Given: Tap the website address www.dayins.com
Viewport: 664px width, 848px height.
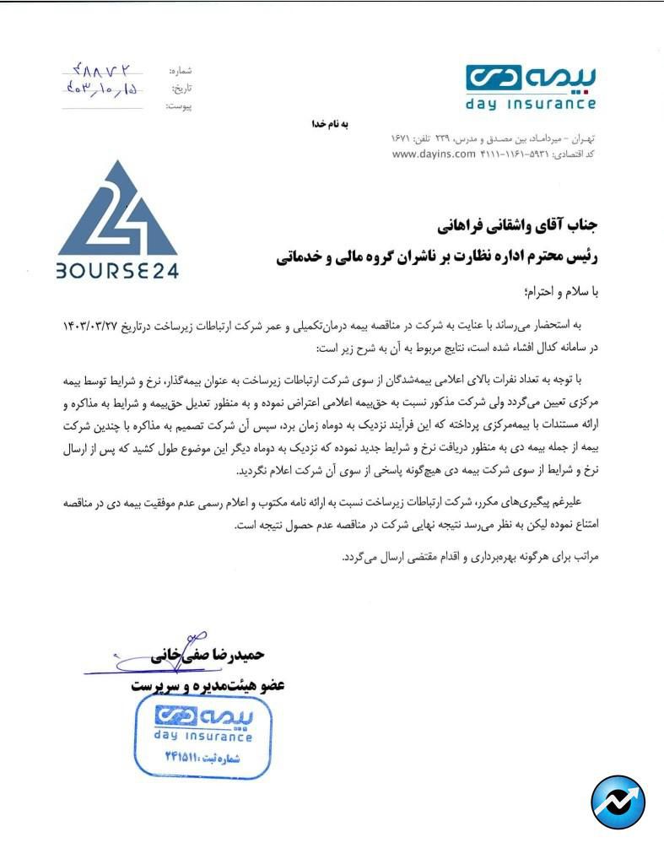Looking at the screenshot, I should coord(429,154).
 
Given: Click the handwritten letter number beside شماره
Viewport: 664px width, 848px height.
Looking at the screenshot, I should coord(102,70).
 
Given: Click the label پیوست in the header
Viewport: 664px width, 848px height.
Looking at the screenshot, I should coord(179,106).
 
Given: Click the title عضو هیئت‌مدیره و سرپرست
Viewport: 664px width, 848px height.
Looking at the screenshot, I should coord(207,685).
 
